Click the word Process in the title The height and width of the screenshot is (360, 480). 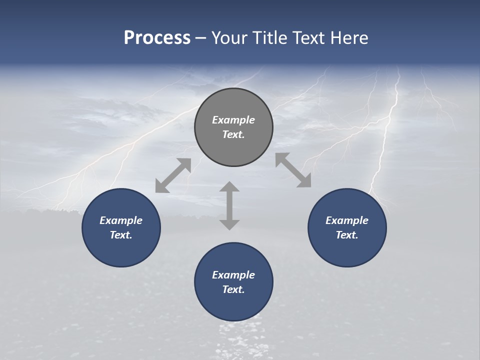click(x=157, y=38)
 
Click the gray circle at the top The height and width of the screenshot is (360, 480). click(x=233, y=105)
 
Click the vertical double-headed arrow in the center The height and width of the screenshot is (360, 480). click(x=229, y=205)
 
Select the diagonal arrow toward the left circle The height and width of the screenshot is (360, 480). click(x=173, y=175)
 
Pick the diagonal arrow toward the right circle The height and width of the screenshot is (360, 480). click(x=293, y=170)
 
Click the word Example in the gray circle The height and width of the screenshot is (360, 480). click(x=233, y=120)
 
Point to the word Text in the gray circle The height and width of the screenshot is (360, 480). click(x=232, y=134)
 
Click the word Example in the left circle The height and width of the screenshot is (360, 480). click(x=121, y=220)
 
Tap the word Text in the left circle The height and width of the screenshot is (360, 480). click(x=120, y=235)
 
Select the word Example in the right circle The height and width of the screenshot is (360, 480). click(x=347, y=220)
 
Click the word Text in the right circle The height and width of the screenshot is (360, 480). click(x=346, y=235)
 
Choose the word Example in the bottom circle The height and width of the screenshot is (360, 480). click(x=233, y=275)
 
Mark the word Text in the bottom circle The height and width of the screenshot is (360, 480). click(x=232, y=289)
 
